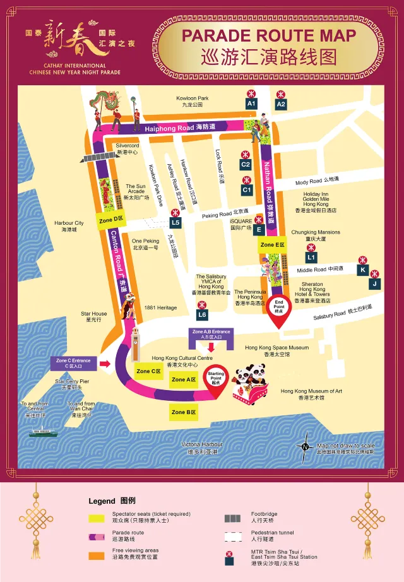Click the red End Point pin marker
pos(279,308)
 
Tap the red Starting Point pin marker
pos(216,379)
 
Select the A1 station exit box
pos(251,103)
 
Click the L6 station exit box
pos(202,314)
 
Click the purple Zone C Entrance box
pos(73,364)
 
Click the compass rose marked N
pos(306,446)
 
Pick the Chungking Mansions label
pos(316,235)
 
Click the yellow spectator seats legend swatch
pos(96,518)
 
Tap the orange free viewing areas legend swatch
pos(96,555)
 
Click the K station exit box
pos(362,270)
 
